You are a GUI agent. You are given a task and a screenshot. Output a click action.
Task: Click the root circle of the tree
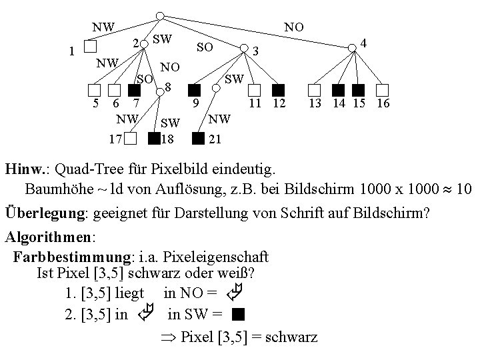[x=159, y=15]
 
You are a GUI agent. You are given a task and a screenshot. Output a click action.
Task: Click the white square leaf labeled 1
[x=91, y=47]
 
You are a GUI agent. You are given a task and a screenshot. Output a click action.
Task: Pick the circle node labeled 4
[x=352, y=47]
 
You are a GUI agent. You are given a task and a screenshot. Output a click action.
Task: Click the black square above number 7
[x=135, y=90]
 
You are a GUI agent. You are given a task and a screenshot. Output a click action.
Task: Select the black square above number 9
[x=194, y=90]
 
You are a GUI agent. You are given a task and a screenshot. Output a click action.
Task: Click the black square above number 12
[x=279, y=90]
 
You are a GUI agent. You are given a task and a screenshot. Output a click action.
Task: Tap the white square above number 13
[x=314, y=90]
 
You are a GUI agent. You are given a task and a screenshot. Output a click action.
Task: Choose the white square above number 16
[x=383, y=90]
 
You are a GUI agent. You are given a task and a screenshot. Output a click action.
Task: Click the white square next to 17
[x=131, y=139]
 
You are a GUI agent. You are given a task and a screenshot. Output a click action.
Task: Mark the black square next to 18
[x=155, y=139]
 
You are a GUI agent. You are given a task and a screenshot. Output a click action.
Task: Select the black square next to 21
[x=197, y=139]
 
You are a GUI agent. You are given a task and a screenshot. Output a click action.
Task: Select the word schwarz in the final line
[x=291, y=337]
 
